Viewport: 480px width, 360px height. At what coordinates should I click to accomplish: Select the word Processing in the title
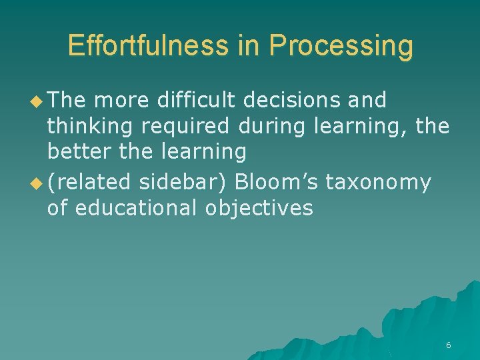(341, 45)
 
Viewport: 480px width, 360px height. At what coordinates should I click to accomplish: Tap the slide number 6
(448, 345)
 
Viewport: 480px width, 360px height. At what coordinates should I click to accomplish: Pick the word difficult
(197, 100)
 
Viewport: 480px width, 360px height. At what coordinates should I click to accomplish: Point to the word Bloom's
(277, 182)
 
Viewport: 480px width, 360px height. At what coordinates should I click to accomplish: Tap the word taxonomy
(378, 182)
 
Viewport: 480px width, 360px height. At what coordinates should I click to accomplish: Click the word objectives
(259, 208)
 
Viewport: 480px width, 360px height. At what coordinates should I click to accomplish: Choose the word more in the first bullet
(118, 100)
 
